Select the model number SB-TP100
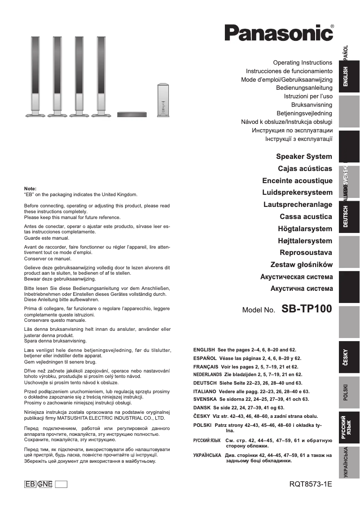pyautogui.click(x=307, y=309)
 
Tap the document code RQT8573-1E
pyautogui.click(x=311, y=484)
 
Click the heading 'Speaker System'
pyautogui.click(x=304, y=157)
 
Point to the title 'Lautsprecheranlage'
pyautogui.click(x=298, y=205)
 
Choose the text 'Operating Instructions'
pyautogui.click(x=303, y=62)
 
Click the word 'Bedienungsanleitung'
pyautogui.click(x=304, y=88)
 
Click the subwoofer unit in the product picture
pyautogui.click(x=162, y=101)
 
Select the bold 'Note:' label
pyautogui.click(x=30, y=189)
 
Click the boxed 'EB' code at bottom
pyautogui.click(x=31, y=484)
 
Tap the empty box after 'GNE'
pyautogui.click(x=61, y=484)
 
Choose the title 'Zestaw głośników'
pyautogui.click(x=301, y=264)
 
